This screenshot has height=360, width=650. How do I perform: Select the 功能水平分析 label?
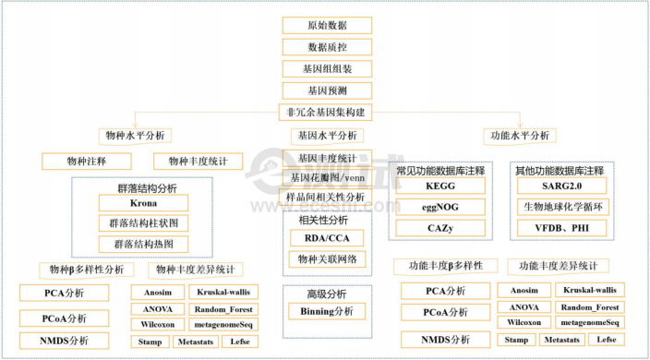tap(518, 136)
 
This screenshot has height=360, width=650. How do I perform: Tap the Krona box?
tap(142, 203)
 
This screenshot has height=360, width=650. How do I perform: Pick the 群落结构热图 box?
tap(142, 245)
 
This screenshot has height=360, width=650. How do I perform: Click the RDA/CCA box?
tap(326, 239)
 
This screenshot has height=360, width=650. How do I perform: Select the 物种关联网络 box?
tap(326, 260)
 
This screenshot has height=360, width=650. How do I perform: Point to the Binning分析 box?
tap(326, 312)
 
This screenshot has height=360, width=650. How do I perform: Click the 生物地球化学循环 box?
tap(560, 206)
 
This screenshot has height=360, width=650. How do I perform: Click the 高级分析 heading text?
tap(326, 294)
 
